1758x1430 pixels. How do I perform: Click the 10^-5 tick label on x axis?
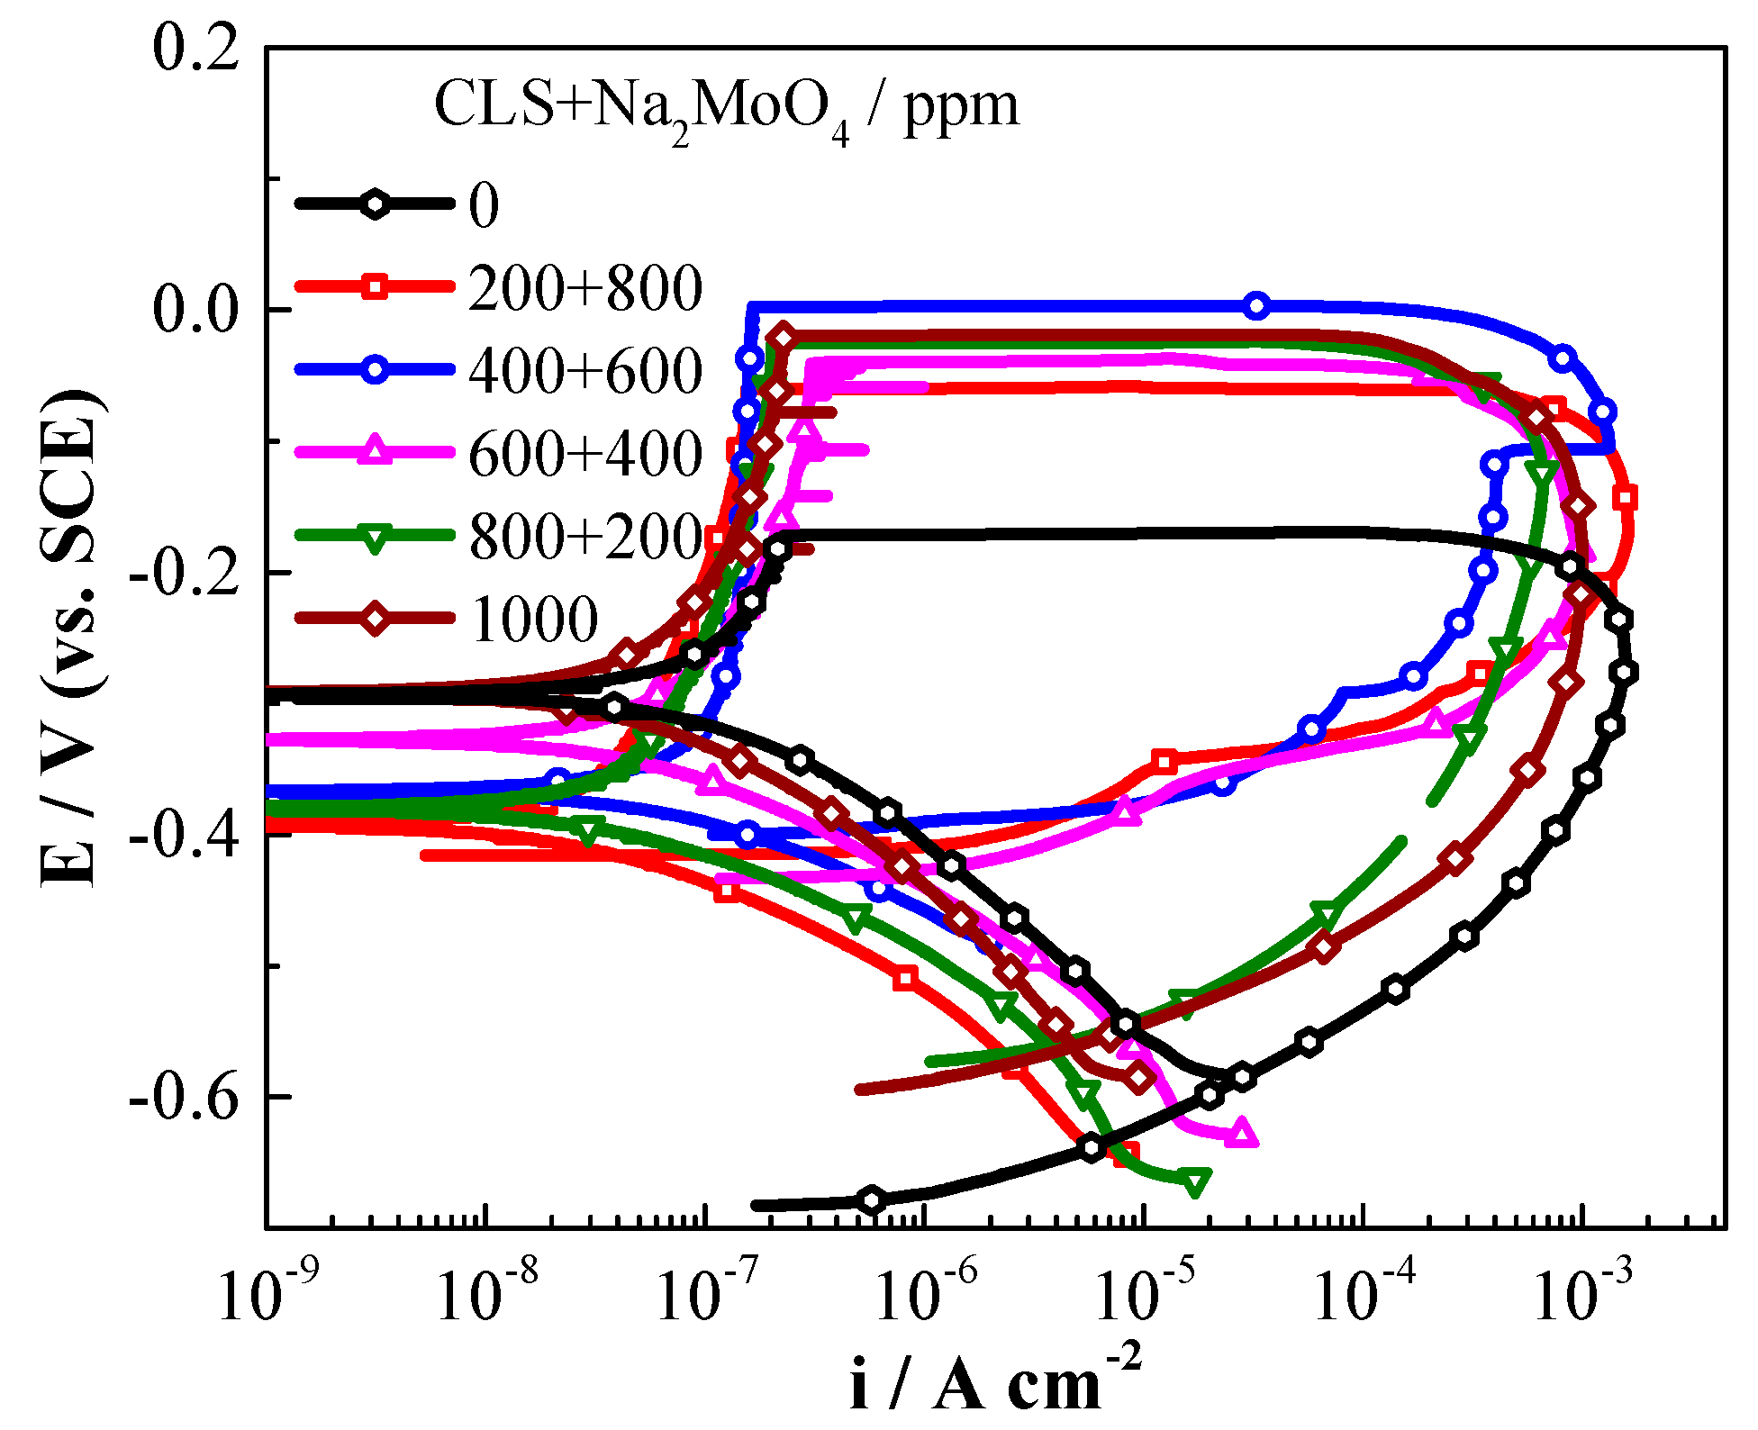click(x=1138, y=1298)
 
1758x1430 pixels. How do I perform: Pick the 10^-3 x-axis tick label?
click(x=1576, y=1298)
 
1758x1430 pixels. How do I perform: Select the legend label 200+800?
click(x=585, y=288)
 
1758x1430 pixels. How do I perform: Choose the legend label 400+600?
click(x=585, y=371)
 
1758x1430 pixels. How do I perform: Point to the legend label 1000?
click(x=535, y=620)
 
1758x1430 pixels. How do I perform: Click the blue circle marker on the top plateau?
click(x=1257, y=306)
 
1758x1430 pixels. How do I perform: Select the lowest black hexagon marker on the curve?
click(x=872, y=1199)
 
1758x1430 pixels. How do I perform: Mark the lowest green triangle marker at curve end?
click(x=1195, y=1181)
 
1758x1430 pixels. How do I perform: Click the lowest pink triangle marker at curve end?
click(x=1243, y=1133)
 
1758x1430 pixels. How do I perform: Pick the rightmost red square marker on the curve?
click(x=1626, y=498)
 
